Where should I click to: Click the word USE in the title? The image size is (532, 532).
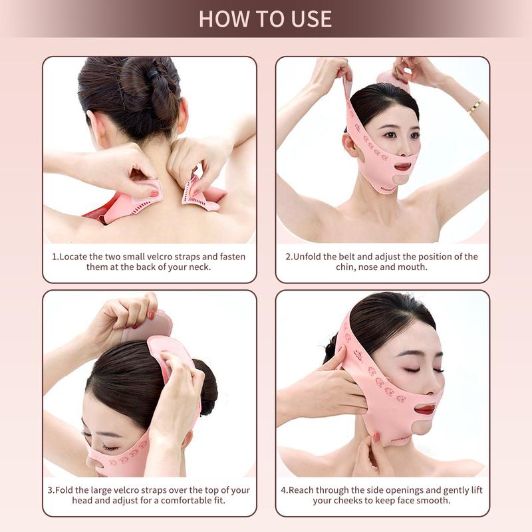(308, 18)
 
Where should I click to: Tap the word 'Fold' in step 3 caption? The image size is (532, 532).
(66, 490)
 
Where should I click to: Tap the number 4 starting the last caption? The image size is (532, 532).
(283, 490)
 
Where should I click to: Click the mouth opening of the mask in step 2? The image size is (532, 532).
(402, 166)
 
